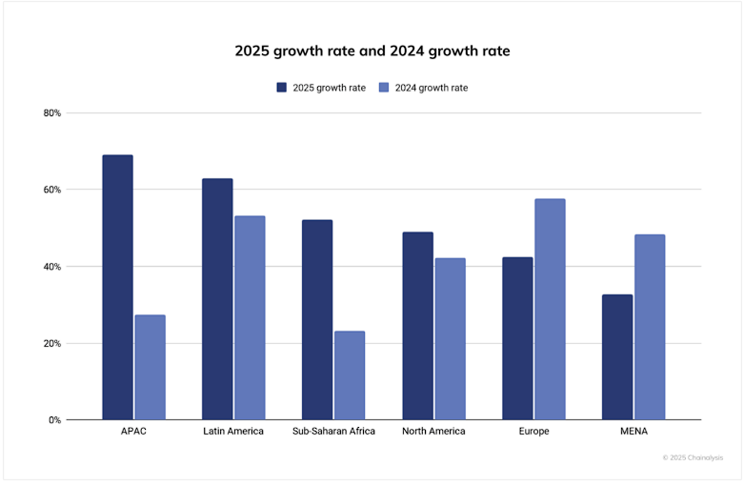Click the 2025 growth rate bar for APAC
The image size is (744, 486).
click(117, 287)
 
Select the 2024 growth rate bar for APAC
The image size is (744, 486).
click(150, 367)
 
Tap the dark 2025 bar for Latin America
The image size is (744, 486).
click(217, 298)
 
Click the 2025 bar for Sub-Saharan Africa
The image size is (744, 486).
click(317, 319)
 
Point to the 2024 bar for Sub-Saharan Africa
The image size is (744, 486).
click(350, 375)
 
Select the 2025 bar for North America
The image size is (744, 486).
click(417, 325)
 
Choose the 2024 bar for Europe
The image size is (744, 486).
click(550, 309)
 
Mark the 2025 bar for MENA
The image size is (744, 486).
click(617, 356)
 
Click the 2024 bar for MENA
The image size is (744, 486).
click(650, 327)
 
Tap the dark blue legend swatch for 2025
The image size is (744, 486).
click(282, 88)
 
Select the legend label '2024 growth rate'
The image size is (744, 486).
click(431, 88)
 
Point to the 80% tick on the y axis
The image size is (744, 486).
click(51, 113)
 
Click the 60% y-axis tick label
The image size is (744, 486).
click(51, 190)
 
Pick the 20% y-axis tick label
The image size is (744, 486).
click(51, 343)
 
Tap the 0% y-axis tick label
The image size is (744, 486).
click(54, 420)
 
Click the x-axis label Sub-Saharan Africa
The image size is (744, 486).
click(333, 432)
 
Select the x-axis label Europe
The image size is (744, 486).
click(533, 432)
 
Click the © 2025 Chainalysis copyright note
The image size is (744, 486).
click(693, 458)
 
